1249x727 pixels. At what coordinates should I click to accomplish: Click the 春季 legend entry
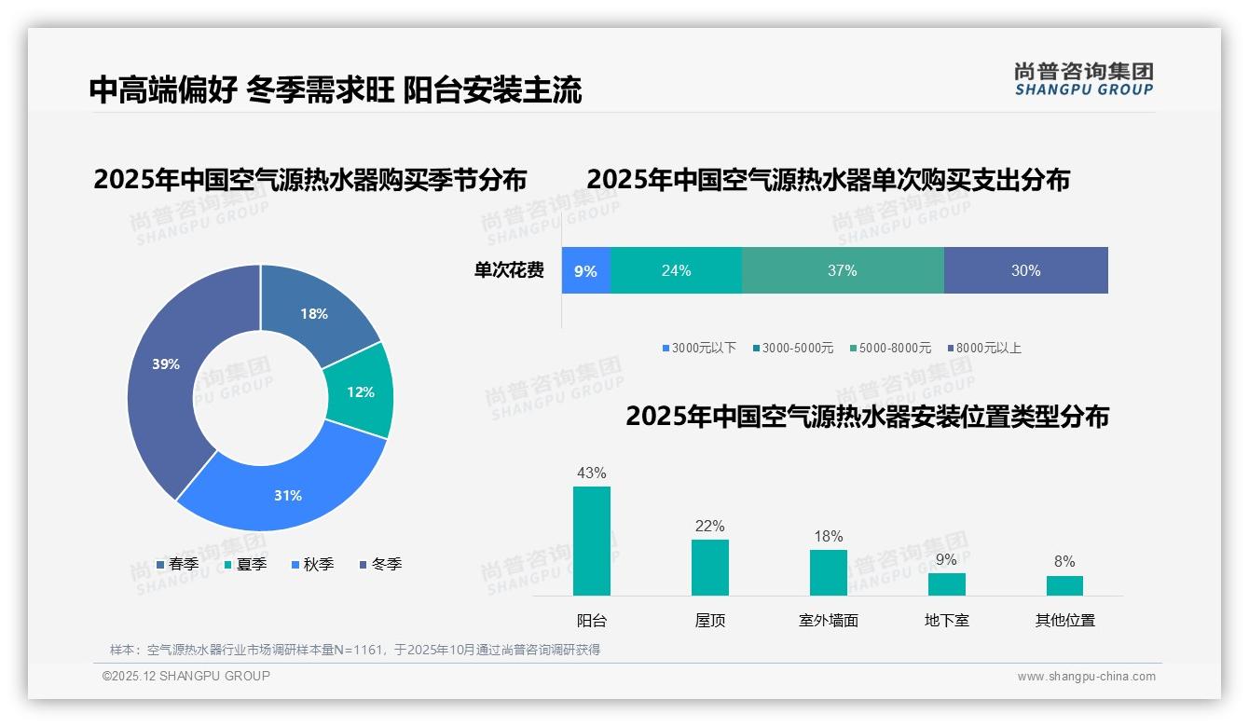click(177, 564)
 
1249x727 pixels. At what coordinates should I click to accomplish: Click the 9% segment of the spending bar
click(585, 271)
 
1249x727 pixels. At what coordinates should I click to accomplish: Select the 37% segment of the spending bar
click(843, 271)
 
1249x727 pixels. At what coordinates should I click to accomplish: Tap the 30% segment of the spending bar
click(1025, 271)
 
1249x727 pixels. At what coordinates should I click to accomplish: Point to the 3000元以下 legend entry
click(699, 348)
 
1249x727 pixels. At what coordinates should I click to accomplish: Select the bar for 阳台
click(592, 541)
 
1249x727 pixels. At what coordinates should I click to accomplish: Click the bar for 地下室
click(946, 584)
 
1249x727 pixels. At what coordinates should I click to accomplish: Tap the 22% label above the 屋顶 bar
click(709, 527)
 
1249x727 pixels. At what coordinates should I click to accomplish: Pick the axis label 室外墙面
click(828, 621)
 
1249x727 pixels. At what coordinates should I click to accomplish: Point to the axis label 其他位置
click(1064, 621)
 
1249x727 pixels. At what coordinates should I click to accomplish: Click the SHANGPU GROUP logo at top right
click(1083, 79)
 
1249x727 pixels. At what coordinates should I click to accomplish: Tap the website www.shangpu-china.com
click(1086, 677)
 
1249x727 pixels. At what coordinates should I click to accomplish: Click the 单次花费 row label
click(509, 271)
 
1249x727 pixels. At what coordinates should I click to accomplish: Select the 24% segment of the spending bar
click(676, 271)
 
